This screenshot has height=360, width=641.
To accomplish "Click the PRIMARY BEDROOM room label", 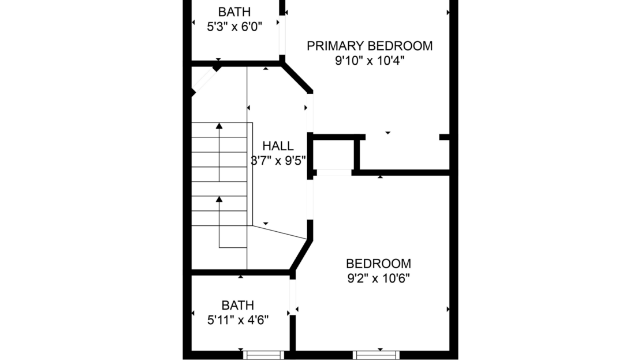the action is (370, 46).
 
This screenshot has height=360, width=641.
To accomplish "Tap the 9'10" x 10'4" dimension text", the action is (370, 61).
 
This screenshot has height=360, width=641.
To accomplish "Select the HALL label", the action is (278, 146).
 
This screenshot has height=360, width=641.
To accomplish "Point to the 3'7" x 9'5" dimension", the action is (278, 161).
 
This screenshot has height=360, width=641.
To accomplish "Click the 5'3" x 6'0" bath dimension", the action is (234, 27).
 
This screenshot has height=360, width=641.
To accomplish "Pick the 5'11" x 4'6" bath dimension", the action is (238, 320).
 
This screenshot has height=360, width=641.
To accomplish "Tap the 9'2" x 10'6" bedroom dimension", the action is (379, 278).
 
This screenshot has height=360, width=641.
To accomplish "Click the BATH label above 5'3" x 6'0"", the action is (234, 12).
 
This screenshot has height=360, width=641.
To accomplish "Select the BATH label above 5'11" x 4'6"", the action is (238, 305).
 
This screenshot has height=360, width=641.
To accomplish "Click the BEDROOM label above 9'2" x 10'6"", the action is (379, 263).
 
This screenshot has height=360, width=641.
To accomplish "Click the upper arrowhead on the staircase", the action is (219, 125).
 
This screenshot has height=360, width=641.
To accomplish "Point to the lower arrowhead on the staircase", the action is (219, 199).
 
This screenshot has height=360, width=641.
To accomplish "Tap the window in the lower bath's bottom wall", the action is (264, 355).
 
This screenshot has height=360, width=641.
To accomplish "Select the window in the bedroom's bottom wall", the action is (376, 355).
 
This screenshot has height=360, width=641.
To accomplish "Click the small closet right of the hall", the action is (334, 154).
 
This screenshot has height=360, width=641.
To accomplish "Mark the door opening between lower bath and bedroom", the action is (293, 298).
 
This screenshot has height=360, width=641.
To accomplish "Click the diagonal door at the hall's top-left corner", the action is (204, 81).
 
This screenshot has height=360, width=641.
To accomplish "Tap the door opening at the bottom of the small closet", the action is (334, 173).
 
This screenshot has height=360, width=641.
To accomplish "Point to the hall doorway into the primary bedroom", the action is (310, 113).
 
